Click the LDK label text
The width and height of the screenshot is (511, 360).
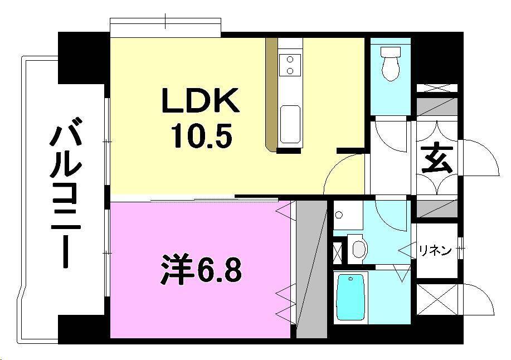point(201,102)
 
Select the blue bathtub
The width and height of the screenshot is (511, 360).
point(350,298)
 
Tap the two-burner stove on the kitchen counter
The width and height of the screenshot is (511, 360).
point(290,65)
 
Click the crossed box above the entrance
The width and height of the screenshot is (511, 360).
point(437,88)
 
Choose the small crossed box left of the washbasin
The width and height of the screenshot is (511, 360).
point(338,251)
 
